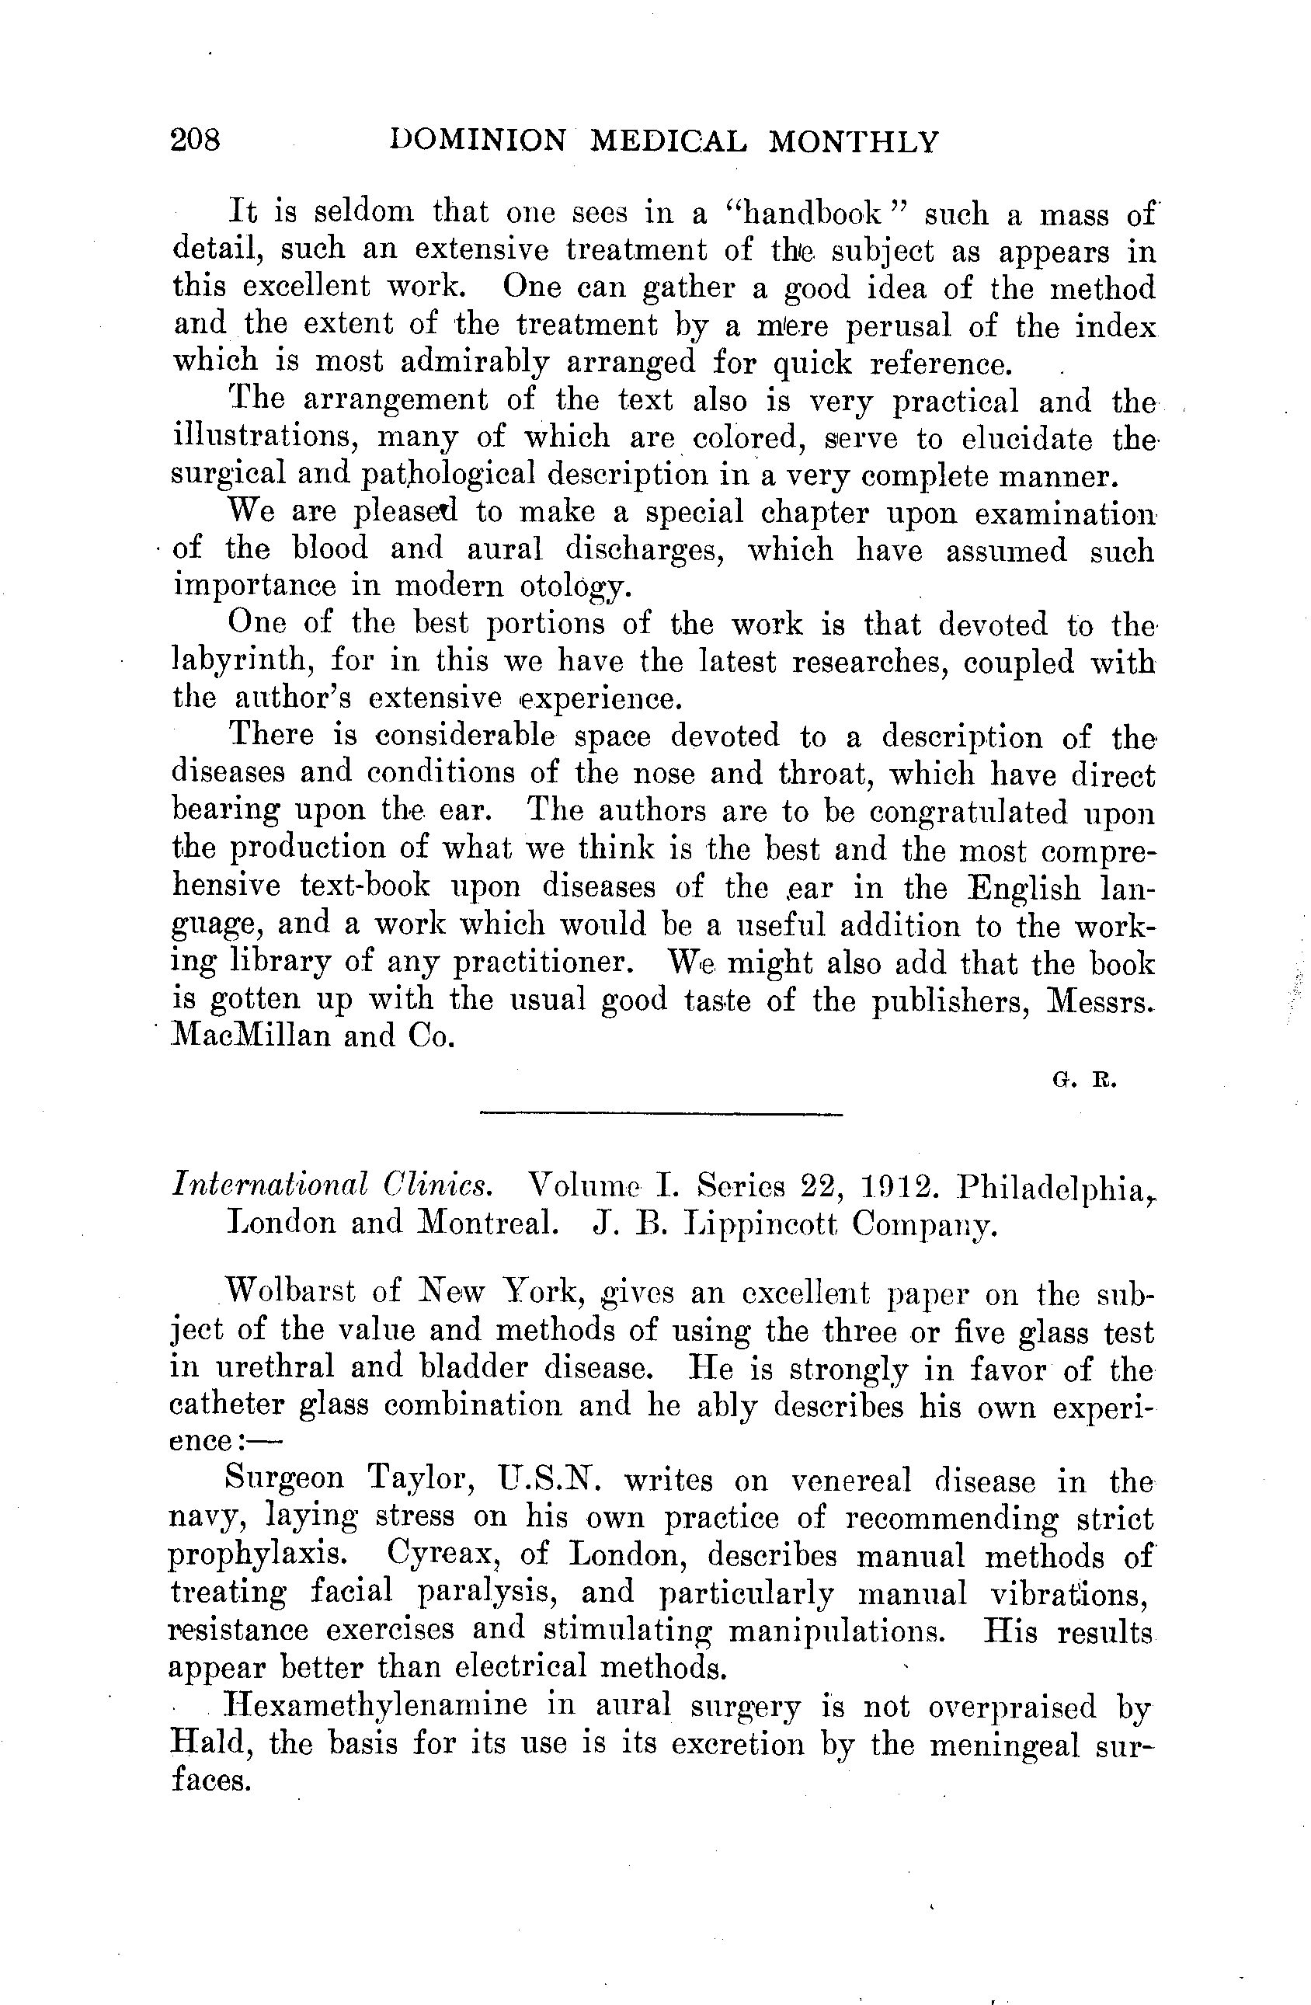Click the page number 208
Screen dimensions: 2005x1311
pyautogui.click(x=196, y=139)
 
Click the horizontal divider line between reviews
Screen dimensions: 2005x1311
pyautogui.click(x=661, y=1116)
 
